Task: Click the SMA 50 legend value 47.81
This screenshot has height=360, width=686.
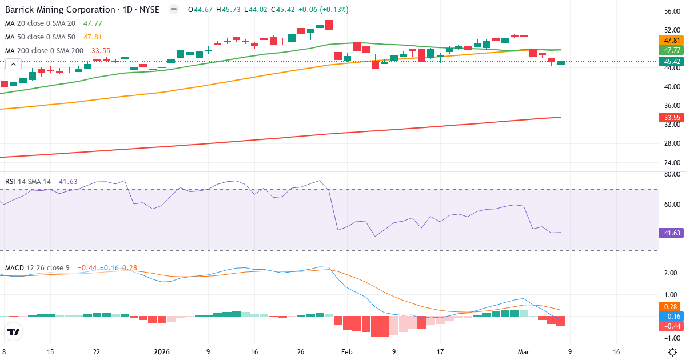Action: click(x=93, y=37)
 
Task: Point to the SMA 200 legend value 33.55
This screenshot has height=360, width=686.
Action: click(x=101, y=51)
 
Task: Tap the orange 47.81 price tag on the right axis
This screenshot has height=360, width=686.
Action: click(x=672, y=41)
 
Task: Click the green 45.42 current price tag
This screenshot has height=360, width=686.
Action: click(x=672, y=61)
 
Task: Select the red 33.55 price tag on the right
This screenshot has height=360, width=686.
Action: click(x=672, y=118)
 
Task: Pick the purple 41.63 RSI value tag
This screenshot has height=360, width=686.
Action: click(x=672, y=233)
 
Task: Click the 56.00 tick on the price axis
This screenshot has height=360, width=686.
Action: click(x=672, y=11)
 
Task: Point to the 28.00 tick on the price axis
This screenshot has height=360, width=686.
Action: click(x=672, y=143)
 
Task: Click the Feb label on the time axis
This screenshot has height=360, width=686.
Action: click(x=347, y=352)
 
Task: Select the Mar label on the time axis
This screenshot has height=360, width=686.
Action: click(x=523, y=352)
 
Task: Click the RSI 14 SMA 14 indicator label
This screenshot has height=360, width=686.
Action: click(x=28, y=182)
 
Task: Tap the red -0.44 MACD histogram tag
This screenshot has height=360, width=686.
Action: click(x=672, y=326)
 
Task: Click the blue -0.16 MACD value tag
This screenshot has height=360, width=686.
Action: click(x=672, y=317)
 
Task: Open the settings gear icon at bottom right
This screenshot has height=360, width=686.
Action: click(x=673, y=352)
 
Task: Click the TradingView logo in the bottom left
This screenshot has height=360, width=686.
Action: click(x=14, y=331)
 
